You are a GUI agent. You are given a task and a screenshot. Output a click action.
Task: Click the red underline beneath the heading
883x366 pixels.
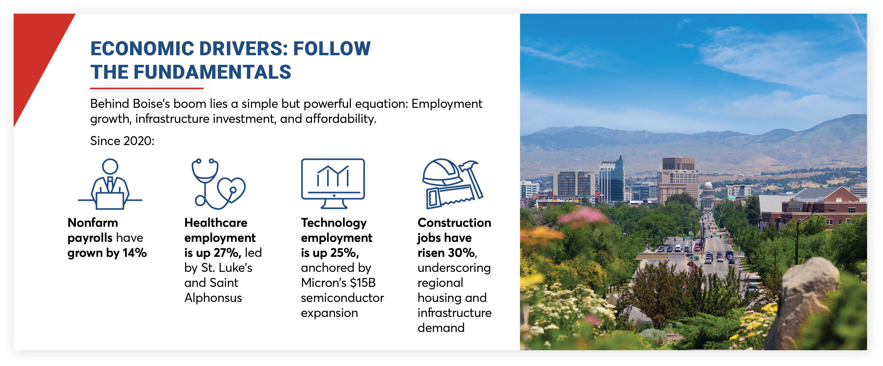[x=147, y=88]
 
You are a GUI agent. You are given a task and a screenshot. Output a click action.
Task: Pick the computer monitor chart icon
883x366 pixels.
[x=333, y=184]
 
